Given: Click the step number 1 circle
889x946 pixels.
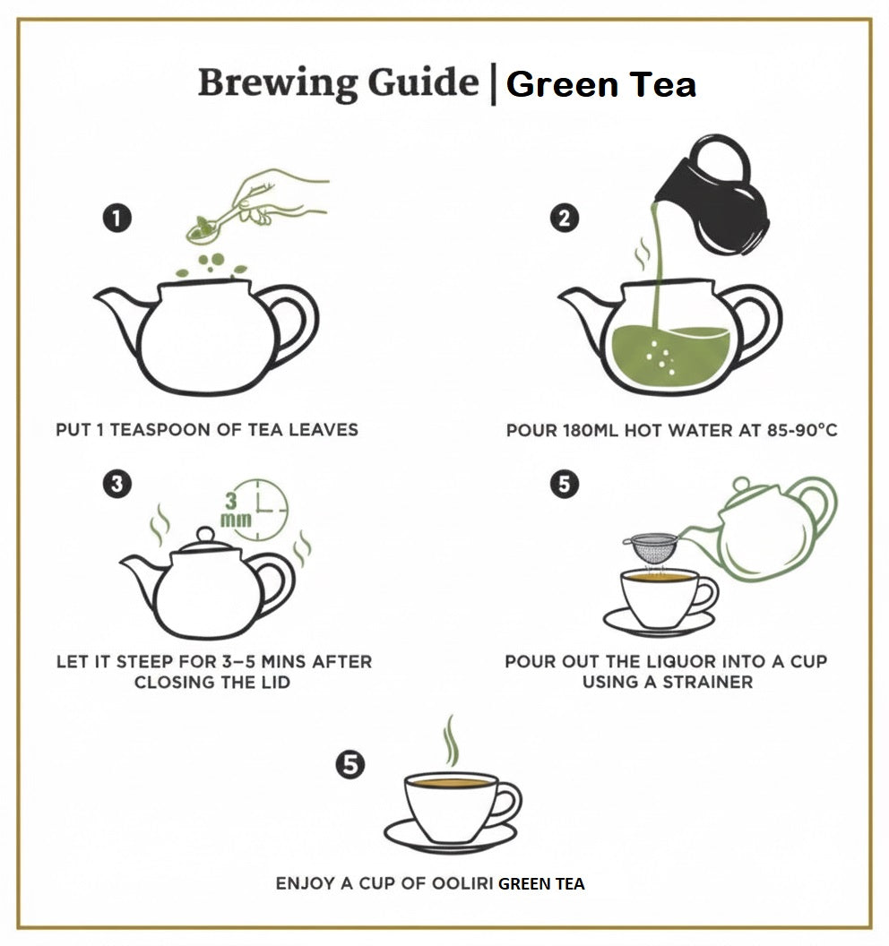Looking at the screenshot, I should tap(117, 219).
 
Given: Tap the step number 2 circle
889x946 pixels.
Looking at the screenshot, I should tap(564, 219).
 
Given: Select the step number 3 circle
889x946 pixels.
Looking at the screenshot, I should tap(117, 485).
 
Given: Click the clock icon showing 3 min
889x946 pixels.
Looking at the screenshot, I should tap(263, 509).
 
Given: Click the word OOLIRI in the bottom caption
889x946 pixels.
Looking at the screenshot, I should tap(461, 884).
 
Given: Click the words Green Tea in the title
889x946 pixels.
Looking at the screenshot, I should tap(600, 85).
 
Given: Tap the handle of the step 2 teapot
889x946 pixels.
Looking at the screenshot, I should tap(758, 322).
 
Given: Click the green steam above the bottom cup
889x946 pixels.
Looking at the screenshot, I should tap(452, 741).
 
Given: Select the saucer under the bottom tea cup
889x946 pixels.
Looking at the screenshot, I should tap(450, 838).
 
